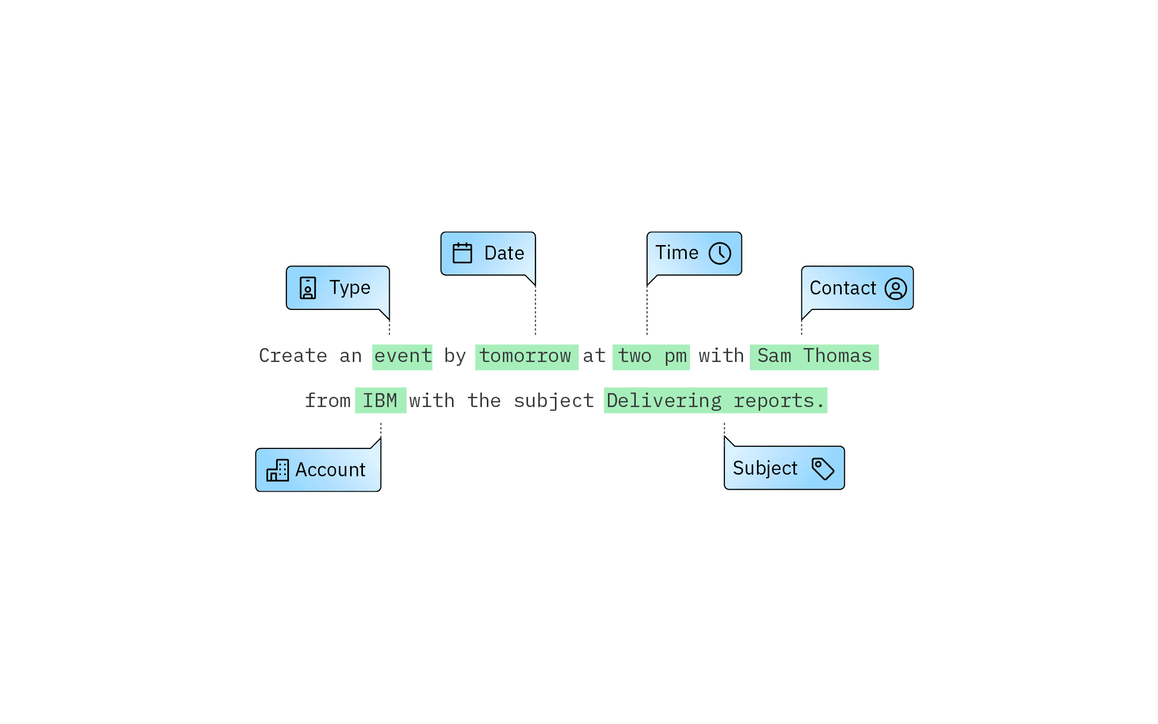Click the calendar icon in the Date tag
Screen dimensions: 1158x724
tap(462, 253)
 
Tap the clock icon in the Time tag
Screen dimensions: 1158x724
tap(719, 253)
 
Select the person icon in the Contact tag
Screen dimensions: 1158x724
tap(895, 289)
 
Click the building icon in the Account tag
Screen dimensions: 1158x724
tap(277, 470)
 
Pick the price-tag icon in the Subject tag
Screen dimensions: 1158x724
tap(822, 468)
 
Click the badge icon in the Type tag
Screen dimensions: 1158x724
tap(308, 288)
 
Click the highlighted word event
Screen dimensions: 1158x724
tap(403, 357)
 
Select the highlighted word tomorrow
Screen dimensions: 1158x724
tap(526, 357)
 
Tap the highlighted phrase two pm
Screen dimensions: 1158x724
tap(651, 357)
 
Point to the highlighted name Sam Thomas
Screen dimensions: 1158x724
tap(814, 357)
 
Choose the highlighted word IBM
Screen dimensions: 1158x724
tap(380, 401)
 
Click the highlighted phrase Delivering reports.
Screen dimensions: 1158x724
tap(715, 401)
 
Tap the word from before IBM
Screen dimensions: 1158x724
tap(328, 401)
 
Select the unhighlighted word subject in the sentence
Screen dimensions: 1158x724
tap(554, 401)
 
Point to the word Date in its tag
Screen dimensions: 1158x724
tap(504, 253)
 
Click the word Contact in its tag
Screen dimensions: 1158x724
tap(842, 289)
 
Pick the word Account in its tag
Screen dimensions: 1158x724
tap(330, 470)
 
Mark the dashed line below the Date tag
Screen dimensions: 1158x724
tap(535, 311)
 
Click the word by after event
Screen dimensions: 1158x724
tap(455, 357)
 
